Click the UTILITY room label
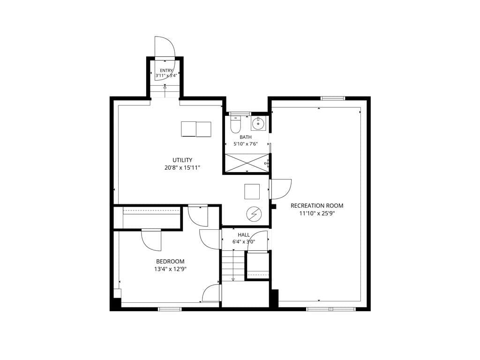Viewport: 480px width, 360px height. pyautogui.click(x=182, y=160)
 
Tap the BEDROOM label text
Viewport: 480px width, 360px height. pyautogui.click(x=170, y=262)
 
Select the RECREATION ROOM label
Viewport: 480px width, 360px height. pyautogui.click(x=317, y=206)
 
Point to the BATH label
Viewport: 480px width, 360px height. pyautogui.click(x=246, y=137)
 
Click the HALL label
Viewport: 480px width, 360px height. pyautogui.click(x=244, y=235)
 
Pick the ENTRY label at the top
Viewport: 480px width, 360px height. pyautogui.click(x=166, y=71)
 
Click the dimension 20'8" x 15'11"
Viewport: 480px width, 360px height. pyautogui.click(x=182, y=168)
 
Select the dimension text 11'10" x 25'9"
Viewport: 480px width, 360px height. pyautogui.click(x=317, y=214)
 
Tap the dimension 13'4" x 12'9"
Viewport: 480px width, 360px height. pyautogui.click(x=171, y=270)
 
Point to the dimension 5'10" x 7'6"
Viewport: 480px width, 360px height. pyautogui.click(x=246, y=144)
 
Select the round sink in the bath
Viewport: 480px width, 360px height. pyautogui.click(x=259, y=124)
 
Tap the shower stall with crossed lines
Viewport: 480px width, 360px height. pyautogui.click(x=247, y=163)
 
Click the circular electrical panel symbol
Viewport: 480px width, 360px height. pyautogui.click(x=254, y=214)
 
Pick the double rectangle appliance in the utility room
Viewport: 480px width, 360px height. pyautogui.click(x=196, y=129)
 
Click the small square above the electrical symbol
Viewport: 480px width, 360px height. pyautogui.click(x=252, y=192)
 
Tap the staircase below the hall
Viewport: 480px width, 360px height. pyautogui.click(x=233, y=265)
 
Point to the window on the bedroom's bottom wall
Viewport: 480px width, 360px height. pyautogui.click(x=170, y=309)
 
